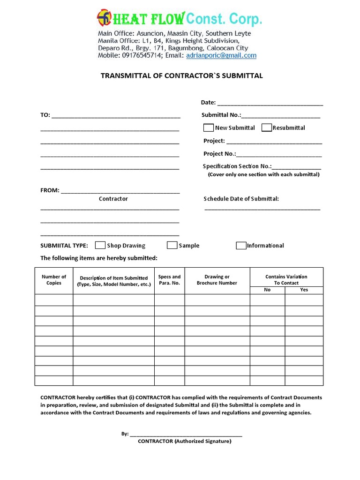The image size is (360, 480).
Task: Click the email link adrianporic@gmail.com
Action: pyautogui.click(x=221, y=55)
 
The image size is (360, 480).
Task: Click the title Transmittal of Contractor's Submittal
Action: pyautogui.click(x=182, y=75)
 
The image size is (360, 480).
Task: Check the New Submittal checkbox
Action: pyautogui.click(x=209, y=127)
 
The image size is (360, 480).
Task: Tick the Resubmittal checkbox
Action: pyautogui.click(x=267, y=127)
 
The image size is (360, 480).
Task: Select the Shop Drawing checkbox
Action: pyautogui.click(x=100, y=245)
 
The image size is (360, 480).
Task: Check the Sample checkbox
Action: pyautogui.click(x=172, y=245)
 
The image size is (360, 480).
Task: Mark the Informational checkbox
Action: pyautogui.click(x=241, y=245)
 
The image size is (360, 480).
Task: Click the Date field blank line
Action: pyautogui.click(x=270, y=103)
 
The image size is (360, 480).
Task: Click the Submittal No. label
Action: pyautogui.click(x=221, y=115)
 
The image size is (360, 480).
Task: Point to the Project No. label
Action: pyautogui.click(x=220, y=154)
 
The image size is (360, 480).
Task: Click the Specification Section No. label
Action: pyautogui.click(x=237, y=166)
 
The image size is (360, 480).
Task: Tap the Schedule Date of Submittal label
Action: pyautogui.click(x=241, y=199)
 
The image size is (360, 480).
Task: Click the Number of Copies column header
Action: pyautogui.click(x=54, y=280)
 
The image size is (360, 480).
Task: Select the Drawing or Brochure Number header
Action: pyautogui.click(x=217, y=280)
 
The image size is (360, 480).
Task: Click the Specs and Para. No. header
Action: pyautogui.click(x=169, y=280)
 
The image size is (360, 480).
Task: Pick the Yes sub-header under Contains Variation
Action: pyautogui.click(x=304, y=290)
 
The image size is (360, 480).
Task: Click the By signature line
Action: pyautogui.click(x=186, y=434)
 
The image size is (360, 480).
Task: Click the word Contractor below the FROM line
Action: pyautogui.click(x=113, y=199)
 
